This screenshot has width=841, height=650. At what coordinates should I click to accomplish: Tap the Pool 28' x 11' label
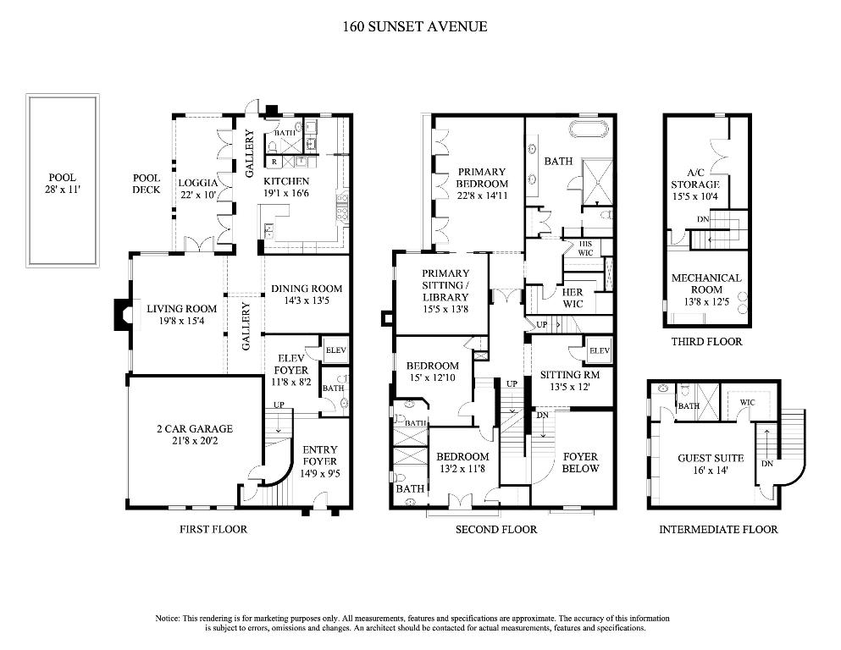click(x=62, y=184)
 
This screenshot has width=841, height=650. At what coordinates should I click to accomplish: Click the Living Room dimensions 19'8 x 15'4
click(x=181, y=321)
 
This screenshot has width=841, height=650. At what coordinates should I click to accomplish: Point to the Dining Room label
click(x=307, y=289)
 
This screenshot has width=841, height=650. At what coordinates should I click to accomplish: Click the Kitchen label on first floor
click(x=285, y=181)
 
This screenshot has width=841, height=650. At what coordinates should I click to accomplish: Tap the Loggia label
click(x=198, y=182)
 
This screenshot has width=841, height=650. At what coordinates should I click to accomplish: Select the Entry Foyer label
click(x=320, y=455)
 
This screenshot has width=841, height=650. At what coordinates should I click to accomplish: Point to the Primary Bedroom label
click(x=482, y=177)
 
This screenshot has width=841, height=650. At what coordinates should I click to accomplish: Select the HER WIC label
click(x=573, y=298)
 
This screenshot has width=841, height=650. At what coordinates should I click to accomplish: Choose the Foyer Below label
click(x=581, y=462)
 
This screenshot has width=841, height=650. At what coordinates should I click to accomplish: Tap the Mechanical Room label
click(x=706, y=284)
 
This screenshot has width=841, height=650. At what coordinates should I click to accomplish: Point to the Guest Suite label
click(x=705, y=458)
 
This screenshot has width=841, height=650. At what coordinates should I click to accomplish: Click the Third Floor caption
click(x=706, y=342)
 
